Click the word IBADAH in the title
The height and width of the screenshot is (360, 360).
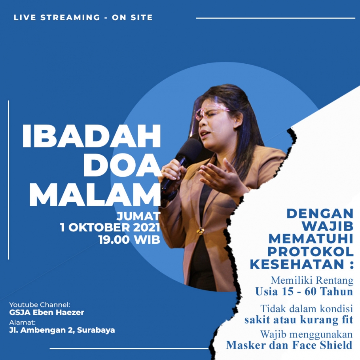coord(91,136)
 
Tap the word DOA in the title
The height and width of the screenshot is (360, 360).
coord(122,165)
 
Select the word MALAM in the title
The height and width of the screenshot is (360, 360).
coord(95,195)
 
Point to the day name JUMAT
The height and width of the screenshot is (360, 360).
coord(138,216)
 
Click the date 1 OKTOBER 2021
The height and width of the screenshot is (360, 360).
coord(110,227)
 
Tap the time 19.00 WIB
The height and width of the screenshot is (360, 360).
coord(129,239)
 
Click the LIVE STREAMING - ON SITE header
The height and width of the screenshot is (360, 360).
coord(83,17)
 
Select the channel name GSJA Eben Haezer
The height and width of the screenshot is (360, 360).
coord(47,312)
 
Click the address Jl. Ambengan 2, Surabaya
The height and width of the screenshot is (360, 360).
coord(62,330)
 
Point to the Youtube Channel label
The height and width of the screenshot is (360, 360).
coord(40,305)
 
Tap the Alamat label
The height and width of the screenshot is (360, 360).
coord(22,322)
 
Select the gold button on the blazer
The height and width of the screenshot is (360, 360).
coord(201,231)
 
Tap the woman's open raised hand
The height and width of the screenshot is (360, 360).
coord(220,174)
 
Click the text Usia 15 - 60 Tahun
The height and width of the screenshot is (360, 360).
coord(304,292)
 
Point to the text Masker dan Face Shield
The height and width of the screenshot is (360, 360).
coord(289,345)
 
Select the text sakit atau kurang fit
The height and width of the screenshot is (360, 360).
coord(298,320)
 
